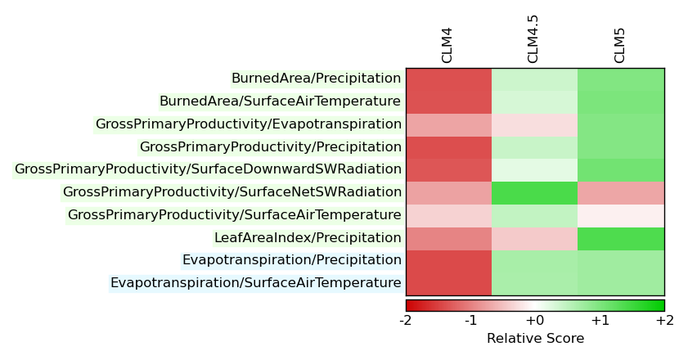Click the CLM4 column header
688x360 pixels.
pos(447,46)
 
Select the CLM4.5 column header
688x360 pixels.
pos(533,39)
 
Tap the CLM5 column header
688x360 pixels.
pos(619,46)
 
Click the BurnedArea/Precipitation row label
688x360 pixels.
pos(316,79)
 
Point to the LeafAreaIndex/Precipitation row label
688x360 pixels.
pos(308,237)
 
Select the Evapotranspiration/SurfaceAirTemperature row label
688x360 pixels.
pos(256,283)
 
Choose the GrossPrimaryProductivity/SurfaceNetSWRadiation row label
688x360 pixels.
pos(232,191)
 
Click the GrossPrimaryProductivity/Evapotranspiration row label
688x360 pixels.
pos(249,124)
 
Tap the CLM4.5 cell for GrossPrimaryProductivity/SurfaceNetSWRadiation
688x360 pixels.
pos(534,193)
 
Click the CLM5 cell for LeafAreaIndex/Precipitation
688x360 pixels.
pos(621,239)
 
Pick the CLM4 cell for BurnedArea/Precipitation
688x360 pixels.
pos(449,79)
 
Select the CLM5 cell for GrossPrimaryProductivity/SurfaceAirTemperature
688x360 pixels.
pos(621,216)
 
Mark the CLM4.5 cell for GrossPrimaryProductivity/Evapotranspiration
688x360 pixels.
pos(534,125)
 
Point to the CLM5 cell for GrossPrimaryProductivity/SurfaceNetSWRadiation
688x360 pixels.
pos(621,193)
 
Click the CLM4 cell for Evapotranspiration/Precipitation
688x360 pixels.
pos(449,262)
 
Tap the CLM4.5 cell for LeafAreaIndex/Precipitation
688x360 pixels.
pos(534,239)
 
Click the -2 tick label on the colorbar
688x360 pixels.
pos(406,321)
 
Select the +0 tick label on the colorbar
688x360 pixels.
pos(535,321)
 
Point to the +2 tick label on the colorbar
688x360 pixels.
pos(665,321)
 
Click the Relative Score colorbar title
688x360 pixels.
pos(535,338)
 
